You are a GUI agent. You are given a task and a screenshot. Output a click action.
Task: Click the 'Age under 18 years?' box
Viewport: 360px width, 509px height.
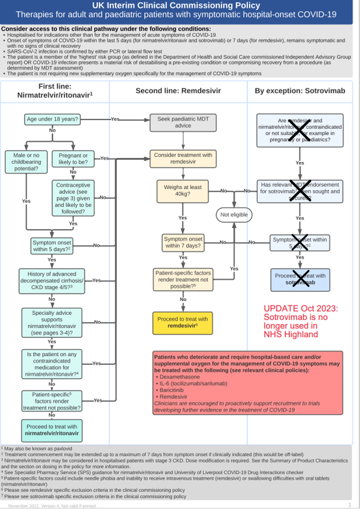tap(52, 119)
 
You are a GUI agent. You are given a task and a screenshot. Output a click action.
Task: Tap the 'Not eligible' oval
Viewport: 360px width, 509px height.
tap(234, 215)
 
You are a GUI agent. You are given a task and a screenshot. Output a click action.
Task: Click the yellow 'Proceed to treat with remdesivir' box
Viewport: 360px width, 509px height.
tap(183, 322)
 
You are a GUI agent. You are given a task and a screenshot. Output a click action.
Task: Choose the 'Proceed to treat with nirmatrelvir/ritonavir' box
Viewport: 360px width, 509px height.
tap(51, 430)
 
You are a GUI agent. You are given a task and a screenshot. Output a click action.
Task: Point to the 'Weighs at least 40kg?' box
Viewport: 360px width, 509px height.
tap(183, 191)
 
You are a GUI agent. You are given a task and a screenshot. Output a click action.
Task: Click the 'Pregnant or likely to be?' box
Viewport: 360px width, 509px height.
tap(73, 159)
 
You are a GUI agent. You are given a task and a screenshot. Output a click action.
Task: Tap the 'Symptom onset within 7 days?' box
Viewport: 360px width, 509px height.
tap(183, 242)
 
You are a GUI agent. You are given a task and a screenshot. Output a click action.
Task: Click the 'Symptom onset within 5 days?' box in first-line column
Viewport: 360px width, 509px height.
tap(51, 246)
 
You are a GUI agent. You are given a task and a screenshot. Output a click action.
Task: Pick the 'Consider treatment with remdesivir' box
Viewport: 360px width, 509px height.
tap(183, 158)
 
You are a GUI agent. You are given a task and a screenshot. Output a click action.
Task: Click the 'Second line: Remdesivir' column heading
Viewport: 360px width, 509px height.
tap(177, 91)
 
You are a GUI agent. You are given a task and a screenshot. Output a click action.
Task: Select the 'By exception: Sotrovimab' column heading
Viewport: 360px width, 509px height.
tap(300, 91)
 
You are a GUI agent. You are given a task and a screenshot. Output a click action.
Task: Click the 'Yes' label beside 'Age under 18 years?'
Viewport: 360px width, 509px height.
tap(115, 119)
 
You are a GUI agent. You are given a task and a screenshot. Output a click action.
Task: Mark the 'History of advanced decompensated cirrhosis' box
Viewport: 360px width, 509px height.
tap(51, 281)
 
